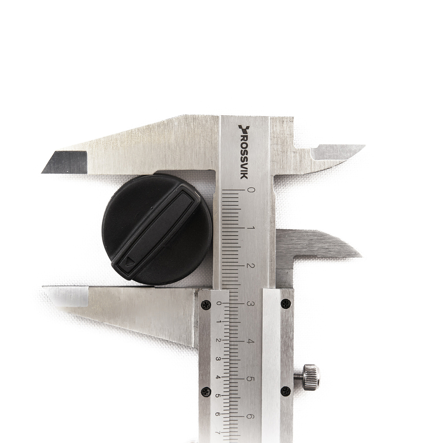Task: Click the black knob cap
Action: tap(157, 229)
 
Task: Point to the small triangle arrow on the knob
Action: tap(130, 261)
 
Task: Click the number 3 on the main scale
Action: tap(250, 304)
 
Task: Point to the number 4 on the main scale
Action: tap(250, 341)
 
